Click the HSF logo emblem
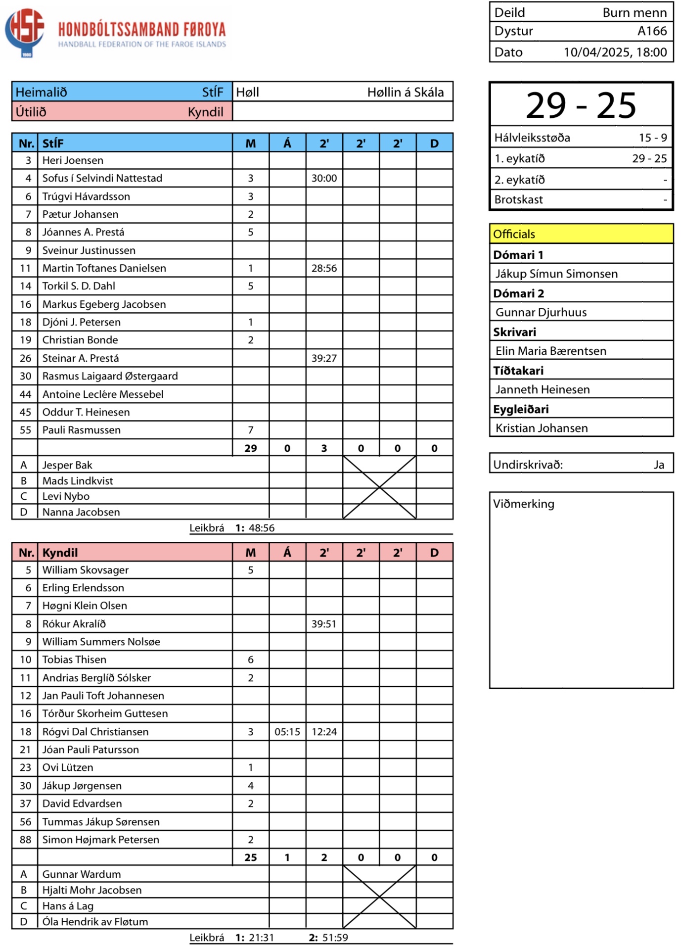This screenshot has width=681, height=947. coord(25,31)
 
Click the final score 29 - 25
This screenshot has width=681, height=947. coord(581,105)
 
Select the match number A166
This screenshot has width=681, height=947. coord(652,31)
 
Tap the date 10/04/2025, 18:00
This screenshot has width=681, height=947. coord(615,52)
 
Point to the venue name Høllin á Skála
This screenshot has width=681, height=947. coord(405,92)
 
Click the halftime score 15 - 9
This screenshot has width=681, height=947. coord(652,138)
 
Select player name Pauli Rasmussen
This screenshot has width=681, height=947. coord(81,430)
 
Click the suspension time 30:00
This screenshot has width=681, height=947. coord(324,178)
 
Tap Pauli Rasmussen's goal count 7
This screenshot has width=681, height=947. coord(251,430)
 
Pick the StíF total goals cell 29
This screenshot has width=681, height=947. coord(251,448)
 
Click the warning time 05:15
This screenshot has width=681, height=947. coord(287,732)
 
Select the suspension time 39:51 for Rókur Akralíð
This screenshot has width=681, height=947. coord(324,624)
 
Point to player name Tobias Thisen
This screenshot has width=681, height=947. coord(74,660)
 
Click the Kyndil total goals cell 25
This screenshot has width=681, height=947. coord(251,857)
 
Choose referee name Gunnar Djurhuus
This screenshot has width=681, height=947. coord(541,312)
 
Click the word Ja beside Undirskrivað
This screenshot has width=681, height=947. coord(659,465)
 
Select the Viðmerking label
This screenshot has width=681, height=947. coord(524,504)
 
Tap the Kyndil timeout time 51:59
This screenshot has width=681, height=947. coord(335,938)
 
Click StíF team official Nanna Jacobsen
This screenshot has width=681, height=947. coord(81,512)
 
